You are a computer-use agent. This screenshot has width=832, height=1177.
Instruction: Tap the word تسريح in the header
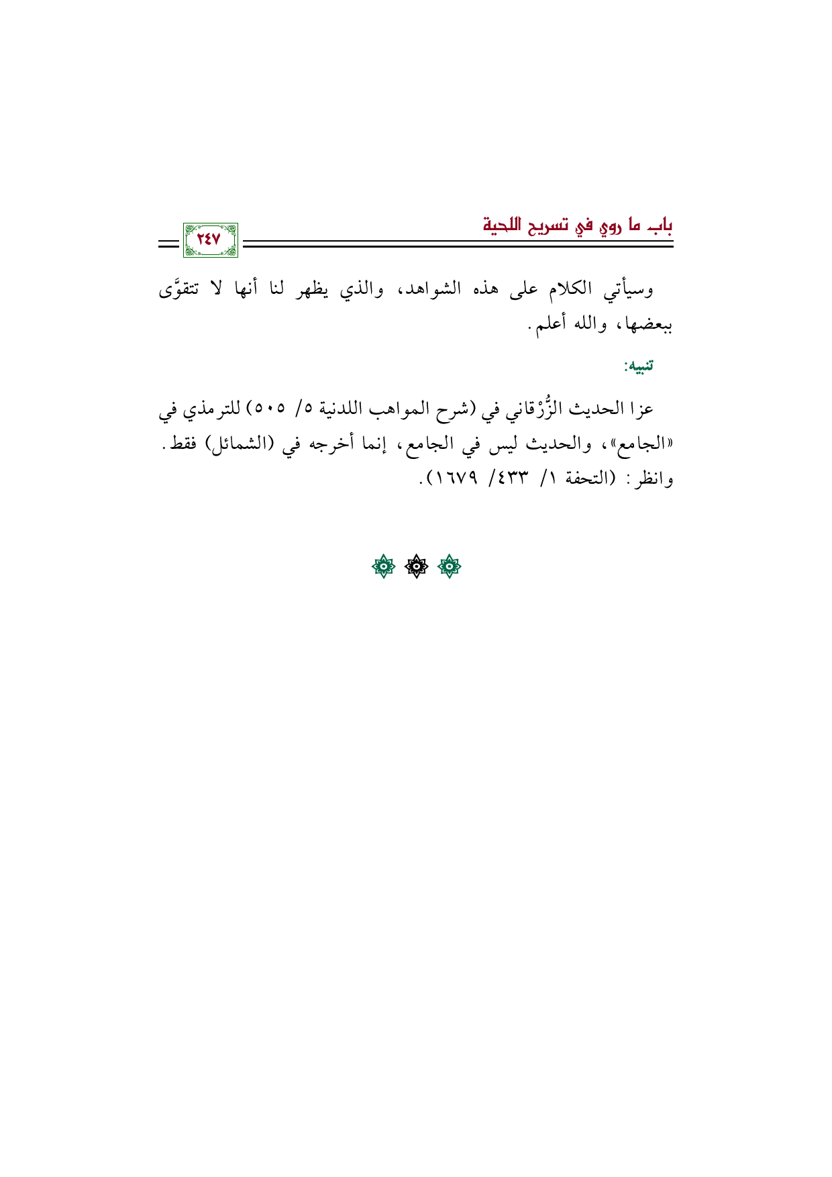click(550, 226)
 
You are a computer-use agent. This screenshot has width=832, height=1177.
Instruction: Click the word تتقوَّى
click(178, 289)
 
